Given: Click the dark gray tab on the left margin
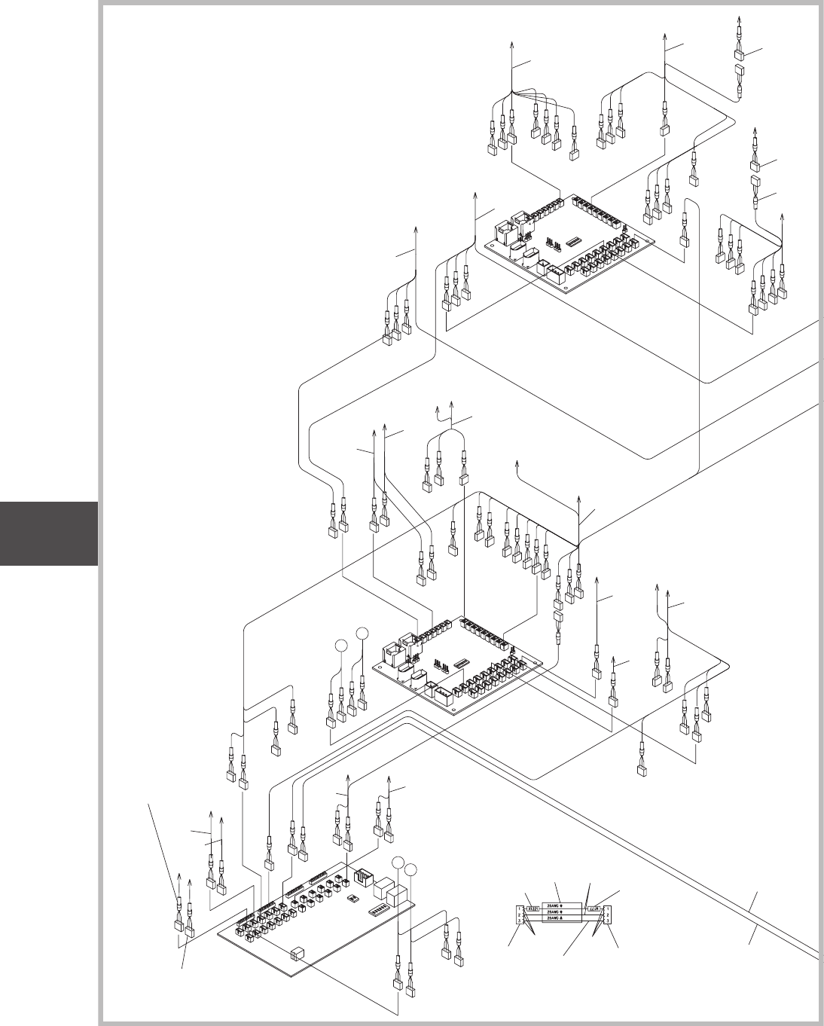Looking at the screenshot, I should [x=49, y=533].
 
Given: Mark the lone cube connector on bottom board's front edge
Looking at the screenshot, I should [x=298, y=953].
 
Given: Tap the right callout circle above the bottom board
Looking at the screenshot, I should [x=411, y=870].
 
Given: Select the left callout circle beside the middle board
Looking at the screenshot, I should [x=340, y=646].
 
